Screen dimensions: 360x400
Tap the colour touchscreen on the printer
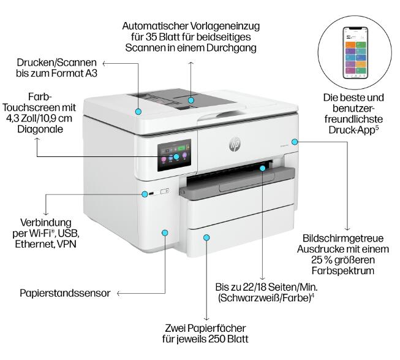pos(174,156)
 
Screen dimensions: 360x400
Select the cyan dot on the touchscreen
pos(176,156)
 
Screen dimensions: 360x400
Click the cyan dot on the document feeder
pos(191,100)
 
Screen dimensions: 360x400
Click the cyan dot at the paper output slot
pos(263,166)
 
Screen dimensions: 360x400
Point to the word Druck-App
pos(349,129)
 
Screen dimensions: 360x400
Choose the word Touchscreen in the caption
pos(40,107)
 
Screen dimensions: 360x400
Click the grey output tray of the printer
pos(239,188)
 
